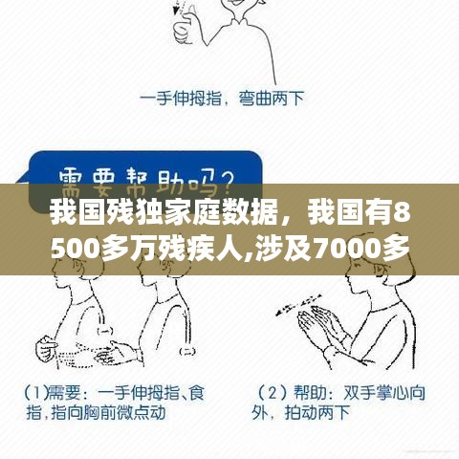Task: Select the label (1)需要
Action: coord(47,393)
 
